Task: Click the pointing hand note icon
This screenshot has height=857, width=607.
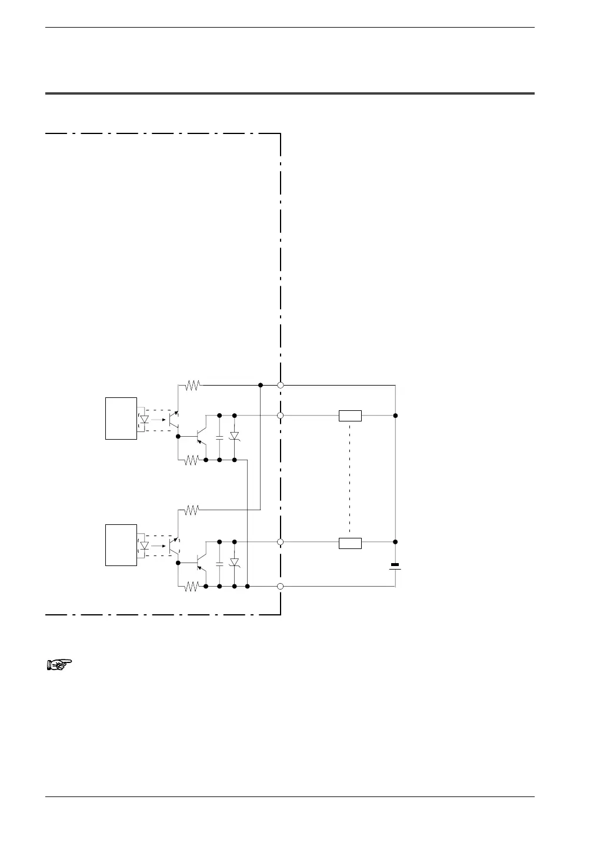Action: point(59,665)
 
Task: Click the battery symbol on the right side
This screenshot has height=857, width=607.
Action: point(395,566)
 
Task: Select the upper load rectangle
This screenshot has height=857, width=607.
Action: point(350,416)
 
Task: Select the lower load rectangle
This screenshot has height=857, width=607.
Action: point(350,542)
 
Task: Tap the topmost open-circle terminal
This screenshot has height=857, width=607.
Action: point(281,386)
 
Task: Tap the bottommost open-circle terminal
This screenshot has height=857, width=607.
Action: point(281,586)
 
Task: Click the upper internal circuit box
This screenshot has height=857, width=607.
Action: point(121,419)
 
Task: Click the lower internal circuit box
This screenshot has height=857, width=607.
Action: point(121,545)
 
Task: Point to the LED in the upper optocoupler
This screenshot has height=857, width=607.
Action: point(144,419)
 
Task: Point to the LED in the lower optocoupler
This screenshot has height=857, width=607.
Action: point(144,545)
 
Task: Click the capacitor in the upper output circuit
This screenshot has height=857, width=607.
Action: point(219,437)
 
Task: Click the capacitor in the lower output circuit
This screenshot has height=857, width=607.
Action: point(219,564)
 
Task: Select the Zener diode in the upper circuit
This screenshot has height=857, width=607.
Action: point(234,436)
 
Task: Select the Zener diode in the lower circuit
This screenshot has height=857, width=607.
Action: point(234,563)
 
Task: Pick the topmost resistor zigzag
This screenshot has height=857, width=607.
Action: point(192,386)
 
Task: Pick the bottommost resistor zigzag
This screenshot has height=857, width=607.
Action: point(192,586)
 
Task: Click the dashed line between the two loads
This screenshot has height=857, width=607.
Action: point(350,479)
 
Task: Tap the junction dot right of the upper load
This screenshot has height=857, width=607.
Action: point(395,416)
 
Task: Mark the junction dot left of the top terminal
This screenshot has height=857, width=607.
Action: point(261,386)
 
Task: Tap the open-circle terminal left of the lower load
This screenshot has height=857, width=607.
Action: point(281,542)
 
